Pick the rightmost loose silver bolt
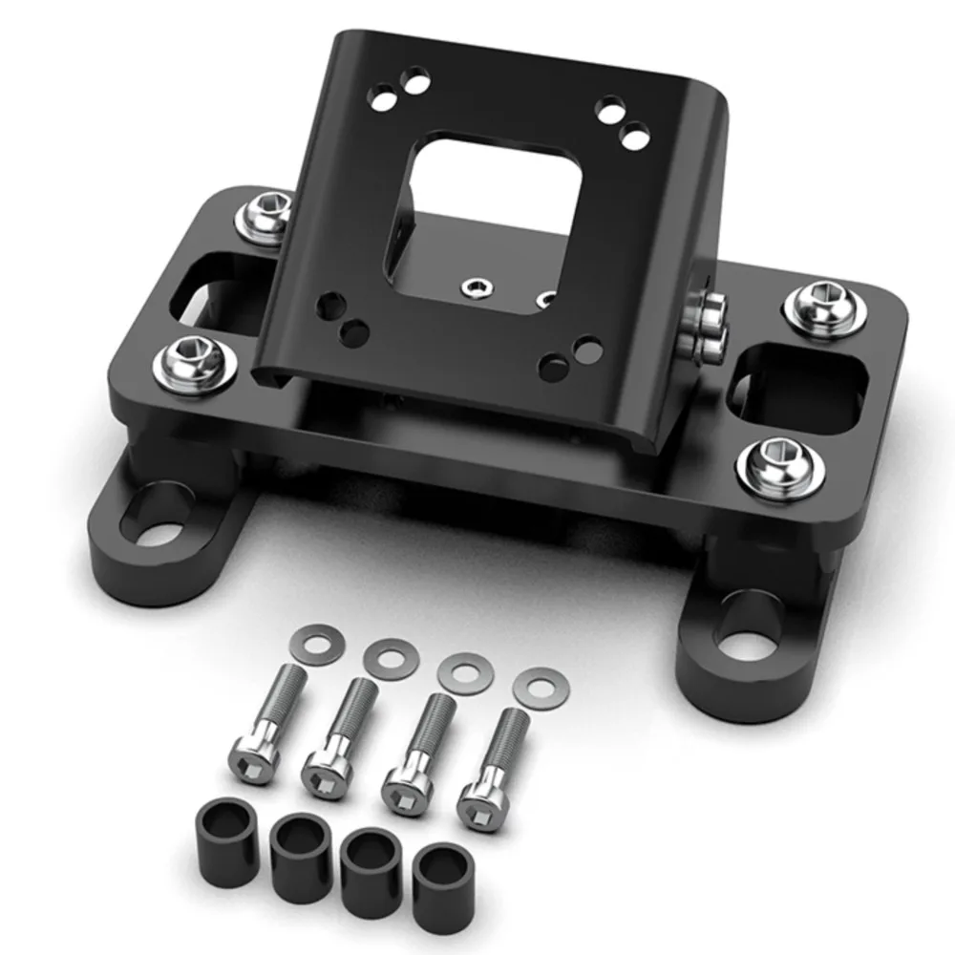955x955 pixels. (x=491, y=768)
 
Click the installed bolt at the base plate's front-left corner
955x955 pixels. (x=191, y=360)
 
